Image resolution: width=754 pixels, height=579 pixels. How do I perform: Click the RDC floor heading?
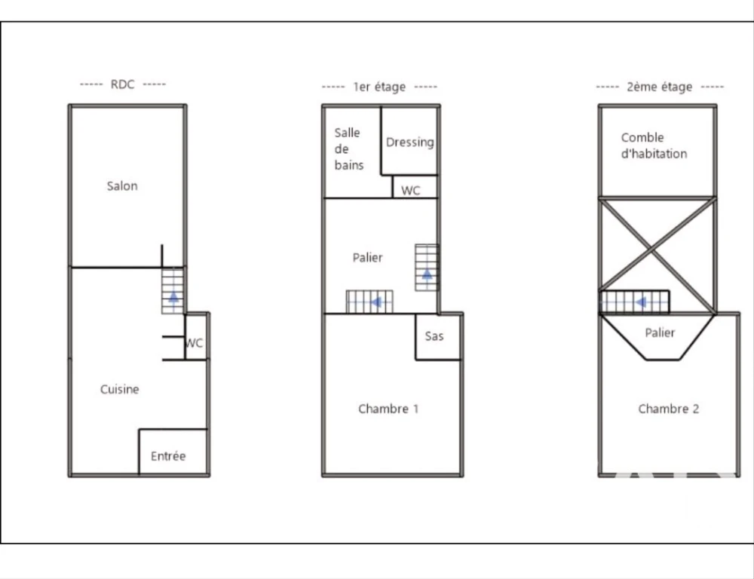click(123, 84)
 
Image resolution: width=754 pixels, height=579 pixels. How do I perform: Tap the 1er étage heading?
click(379, 87)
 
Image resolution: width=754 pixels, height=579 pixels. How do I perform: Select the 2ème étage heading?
click(659, 87)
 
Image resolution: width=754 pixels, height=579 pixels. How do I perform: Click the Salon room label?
click(122, 186)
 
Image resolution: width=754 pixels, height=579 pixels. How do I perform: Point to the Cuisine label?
click(120, 390)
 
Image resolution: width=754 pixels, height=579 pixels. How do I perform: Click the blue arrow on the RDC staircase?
click(173, 296)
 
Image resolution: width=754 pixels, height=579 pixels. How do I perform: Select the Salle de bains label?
click(348, 149)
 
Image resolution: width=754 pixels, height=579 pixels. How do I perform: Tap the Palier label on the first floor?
click(368, 258)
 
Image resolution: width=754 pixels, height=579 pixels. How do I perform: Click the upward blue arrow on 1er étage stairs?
click(427, 274)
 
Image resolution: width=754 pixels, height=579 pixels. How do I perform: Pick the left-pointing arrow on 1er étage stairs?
click(376, 302)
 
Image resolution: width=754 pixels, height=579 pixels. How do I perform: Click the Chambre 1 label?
click(388, 409)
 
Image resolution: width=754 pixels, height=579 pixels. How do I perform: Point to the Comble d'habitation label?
click(654, 146)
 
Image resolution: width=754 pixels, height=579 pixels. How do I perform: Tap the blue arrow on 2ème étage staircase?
click(640, 302)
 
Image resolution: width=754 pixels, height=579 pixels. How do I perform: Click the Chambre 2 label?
click(668, 409)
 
